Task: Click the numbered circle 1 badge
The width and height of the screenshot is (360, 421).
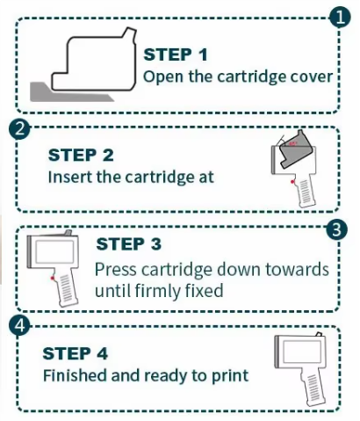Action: click(x=340, y=18)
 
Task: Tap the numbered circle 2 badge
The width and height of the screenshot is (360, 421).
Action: click(x=19, y=128)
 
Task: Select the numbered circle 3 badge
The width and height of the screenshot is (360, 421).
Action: click(x=337, y=229)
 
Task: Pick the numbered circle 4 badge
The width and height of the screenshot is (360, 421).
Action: click(x=19, y=325)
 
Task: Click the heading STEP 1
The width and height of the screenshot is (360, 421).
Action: click(x=176, y=54)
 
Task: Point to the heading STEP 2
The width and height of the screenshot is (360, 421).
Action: click(x=81, y=155)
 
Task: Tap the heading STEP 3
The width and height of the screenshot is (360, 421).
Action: click(x=128, y=243)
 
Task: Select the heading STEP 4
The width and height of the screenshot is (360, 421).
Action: click(x=76, y=353)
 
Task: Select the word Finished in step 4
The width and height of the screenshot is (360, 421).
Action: click(x=75, y=375)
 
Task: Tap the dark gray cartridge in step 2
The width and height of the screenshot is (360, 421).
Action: click(x=297, y=151)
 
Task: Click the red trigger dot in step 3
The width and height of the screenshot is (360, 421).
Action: click(x=52, y=278)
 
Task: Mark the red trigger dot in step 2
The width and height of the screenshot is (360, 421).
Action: click(x=292, y=182)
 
